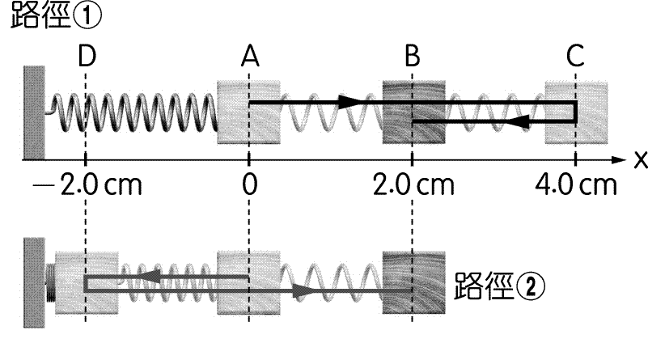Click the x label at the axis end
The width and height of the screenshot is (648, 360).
click(x=639, y=159)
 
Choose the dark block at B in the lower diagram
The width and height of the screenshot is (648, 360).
click(x=413, y=283)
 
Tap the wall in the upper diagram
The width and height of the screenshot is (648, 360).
click(x=33, y=112)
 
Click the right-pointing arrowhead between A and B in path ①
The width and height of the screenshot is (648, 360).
click(x=349, y=102)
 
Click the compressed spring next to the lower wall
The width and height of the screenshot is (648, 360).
click(x=52, y=283)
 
